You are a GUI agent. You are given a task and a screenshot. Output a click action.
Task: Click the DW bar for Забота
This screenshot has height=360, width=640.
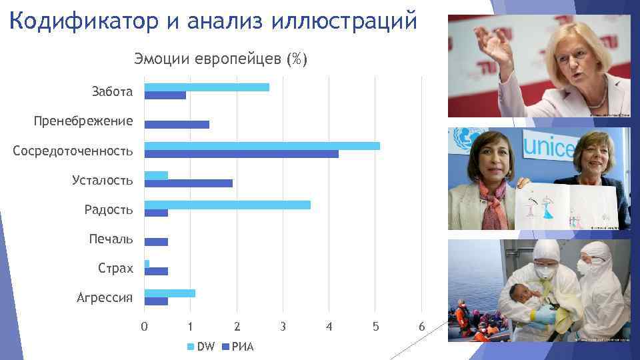pos(207,87)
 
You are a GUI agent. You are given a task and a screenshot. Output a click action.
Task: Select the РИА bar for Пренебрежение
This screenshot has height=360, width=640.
pos(177,125)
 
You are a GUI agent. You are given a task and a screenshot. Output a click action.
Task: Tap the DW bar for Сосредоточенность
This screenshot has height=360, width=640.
pos(262,146)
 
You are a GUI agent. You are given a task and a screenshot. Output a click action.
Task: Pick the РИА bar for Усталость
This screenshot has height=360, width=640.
pos(188,183)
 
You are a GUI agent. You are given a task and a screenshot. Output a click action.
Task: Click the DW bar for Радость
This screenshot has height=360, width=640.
pos(227,205)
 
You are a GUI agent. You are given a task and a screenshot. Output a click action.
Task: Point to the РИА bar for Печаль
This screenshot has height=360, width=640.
pos(156,242)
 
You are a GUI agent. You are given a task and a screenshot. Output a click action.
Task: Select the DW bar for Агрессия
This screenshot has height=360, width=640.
pos(169,293)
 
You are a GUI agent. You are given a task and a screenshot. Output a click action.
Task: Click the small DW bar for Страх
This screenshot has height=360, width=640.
pos(147,264)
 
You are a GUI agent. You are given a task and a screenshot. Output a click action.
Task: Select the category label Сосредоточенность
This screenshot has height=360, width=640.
pos(73,151)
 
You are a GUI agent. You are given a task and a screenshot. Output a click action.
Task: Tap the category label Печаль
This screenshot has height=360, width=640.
pos(111,239)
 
